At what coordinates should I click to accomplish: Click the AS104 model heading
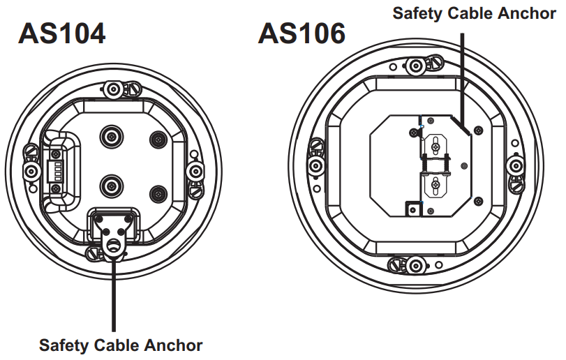coord(62,33)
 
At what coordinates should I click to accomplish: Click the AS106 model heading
coord(301,33)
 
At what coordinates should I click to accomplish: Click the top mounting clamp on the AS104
coord(113,89)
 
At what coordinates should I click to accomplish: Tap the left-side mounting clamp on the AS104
coord(31,170)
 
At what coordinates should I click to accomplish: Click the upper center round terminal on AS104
coord(112,135)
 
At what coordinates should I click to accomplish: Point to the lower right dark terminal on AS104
coord(158,193)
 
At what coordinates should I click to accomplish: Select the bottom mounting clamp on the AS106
coord(417,265)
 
